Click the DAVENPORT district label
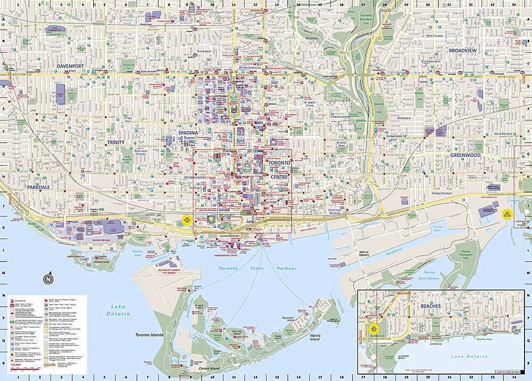[x=71, y=66]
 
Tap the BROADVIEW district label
[x=463, y=50]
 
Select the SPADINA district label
[x=188, y=132]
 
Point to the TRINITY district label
[x=115, y=142]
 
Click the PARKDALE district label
[x=39, y=187]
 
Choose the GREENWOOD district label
[x=465, y=155]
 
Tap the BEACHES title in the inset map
[x=430, y=307]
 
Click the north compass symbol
[x=49, y=278]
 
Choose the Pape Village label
[x=434, y=36]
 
